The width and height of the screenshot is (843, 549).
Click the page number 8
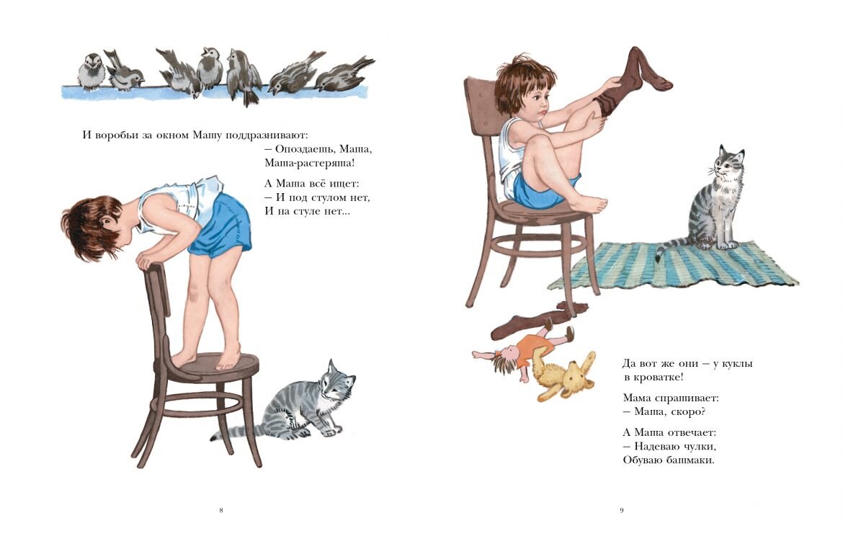point(221,510)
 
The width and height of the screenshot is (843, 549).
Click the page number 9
point(622,510)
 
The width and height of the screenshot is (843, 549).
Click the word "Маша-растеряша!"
point(310,162)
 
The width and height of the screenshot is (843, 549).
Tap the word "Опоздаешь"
point(304,149)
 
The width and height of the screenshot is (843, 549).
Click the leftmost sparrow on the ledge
point(92,71)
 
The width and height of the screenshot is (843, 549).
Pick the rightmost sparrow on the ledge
point(344,74)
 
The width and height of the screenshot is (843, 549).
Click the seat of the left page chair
point(214,366)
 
